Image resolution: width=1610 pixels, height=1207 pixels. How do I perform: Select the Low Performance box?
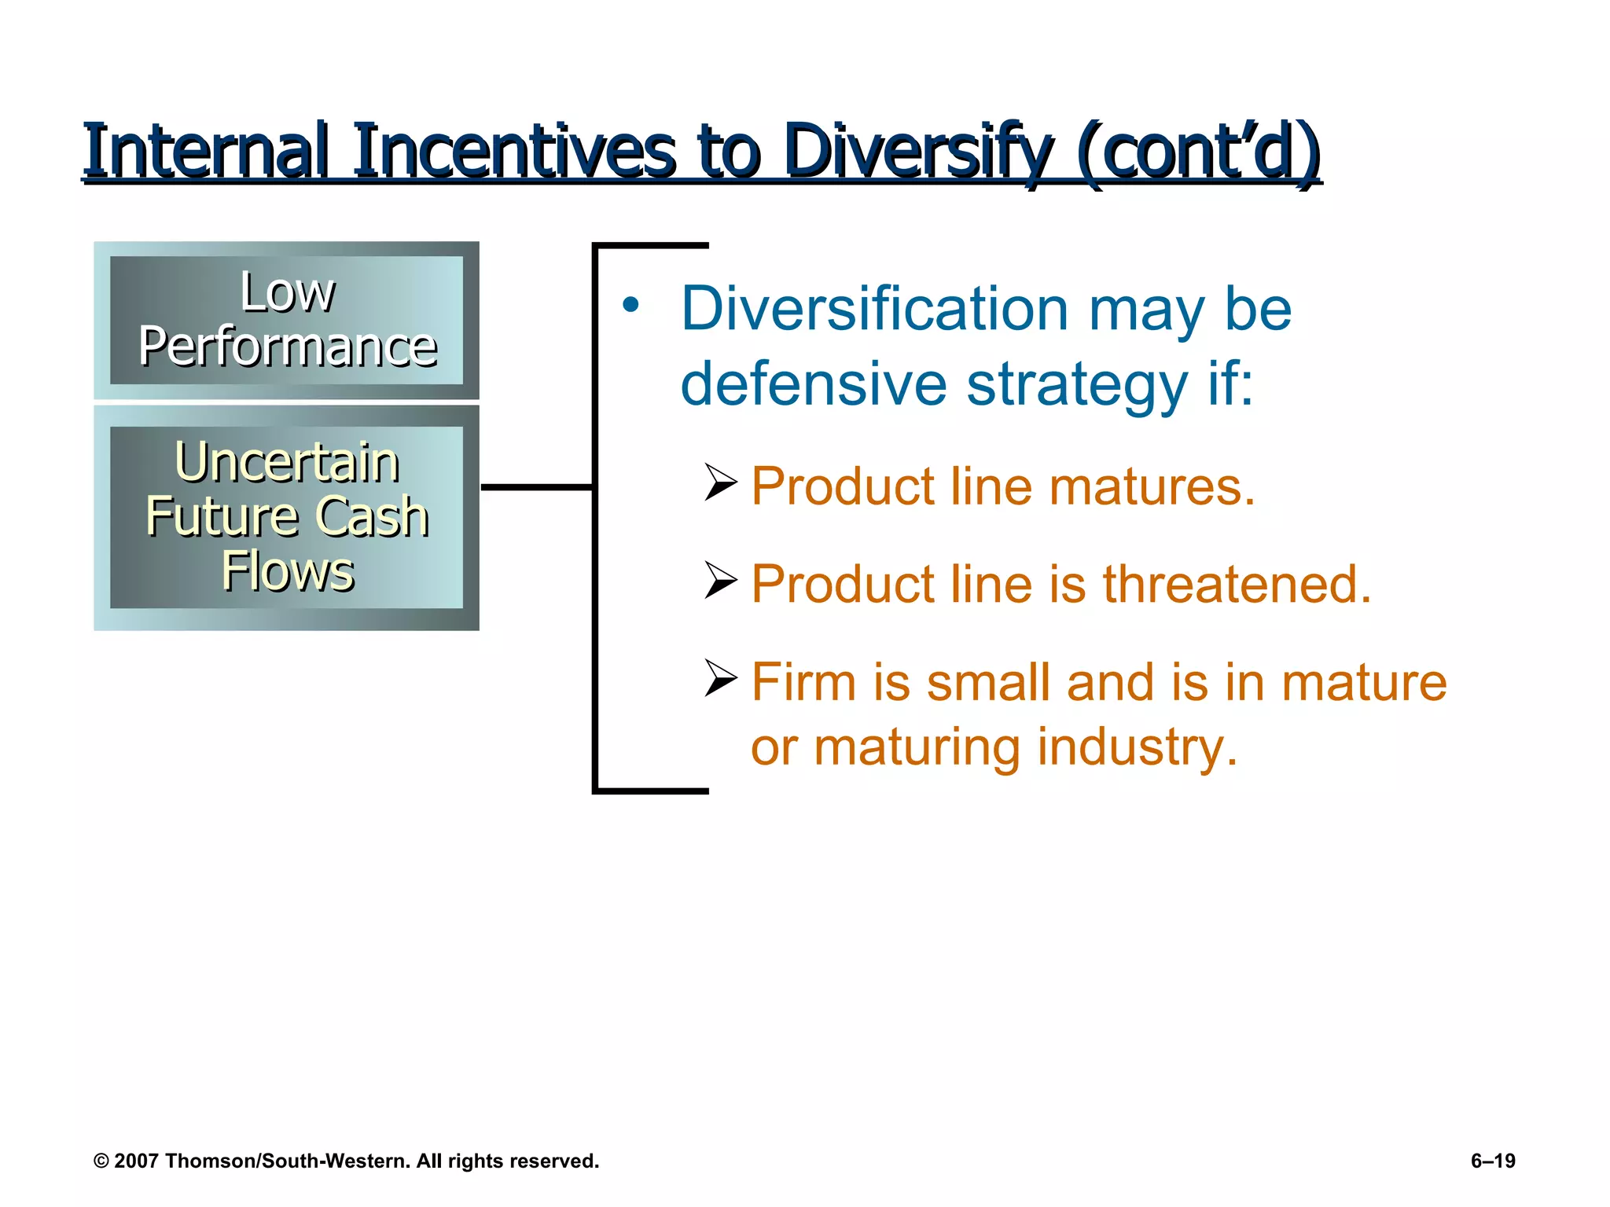click(x=286, y=320)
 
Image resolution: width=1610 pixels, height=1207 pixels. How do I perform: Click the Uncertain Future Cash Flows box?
click(x=286, y=516)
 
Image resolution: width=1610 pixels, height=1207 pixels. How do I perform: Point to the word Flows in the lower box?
click(x=288, y=571)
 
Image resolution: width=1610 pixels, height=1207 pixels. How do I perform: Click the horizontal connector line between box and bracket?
click(x=536, y=487)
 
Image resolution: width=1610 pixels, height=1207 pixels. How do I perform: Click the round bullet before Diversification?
click(x=630, y=306)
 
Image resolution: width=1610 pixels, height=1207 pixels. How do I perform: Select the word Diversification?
click(x=873, y=309)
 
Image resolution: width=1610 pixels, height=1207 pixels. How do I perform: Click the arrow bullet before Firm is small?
click(x=720, y=678)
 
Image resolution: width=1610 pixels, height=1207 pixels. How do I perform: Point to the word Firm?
click(x=803, y=681)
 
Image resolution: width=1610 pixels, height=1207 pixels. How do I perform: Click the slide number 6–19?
click(x=1493, y=1161)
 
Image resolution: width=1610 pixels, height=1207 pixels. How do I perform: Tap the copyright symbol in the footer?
click(x=101, y=1161)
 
